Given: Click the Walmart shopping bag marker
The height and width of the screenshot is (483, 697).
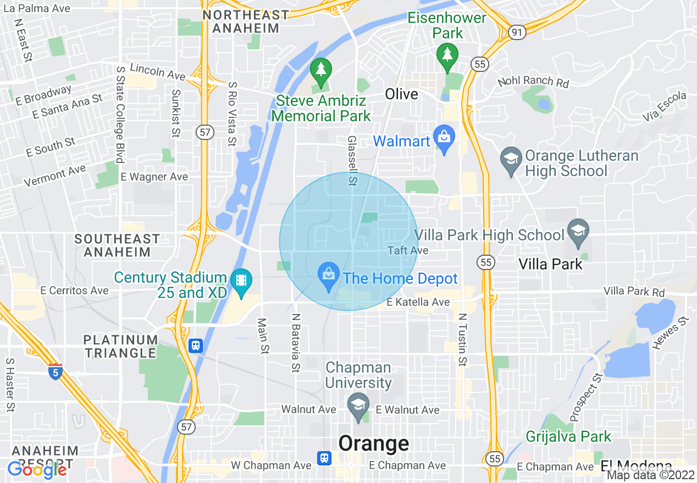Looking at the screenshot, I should pyautogui.click(x=444, y=139).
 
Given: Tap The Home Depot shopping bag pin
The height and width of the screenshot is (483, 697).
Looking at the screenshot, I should pyautogui.click(x=329, y=276).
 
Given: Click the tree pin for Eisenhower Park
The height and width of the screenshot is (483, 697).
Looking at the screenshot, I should pyautogui.click(x=447, y=56).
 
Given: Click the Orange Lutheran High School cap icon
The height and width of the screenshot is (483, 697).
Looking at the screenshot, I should pyautogui.click(x=511, y=161).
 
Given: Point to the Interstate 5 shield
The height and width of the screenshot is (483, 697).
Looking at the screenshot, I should pyautogui.click(x=54, y=373).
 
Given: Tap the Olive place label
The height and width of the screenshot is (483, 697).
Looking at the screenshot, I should pyautogui.click(x=401, y=94).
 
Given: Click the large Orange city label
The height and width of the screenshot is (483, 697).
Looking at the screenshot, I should pyautogui.click(x=374, y=443).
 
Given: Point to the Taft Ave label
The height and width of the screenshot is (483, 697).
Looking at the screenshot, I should pyautogui.click(x=408, y=250).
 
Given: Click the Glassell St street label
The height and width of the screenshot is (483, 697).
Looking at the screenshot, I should pyautogui.click(x=352, y=161).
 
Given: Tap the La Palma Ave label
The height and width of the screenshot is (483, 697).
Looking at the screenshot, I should pyautogui.click(x=36, y=8).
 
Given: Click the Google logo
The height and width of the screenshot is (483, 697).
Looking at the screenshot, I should pyautogui.click(x=37, y=470).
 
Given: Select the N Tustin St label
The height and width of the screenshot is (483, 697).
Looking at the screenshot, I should pyautogui.click(x=462, y=340).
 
